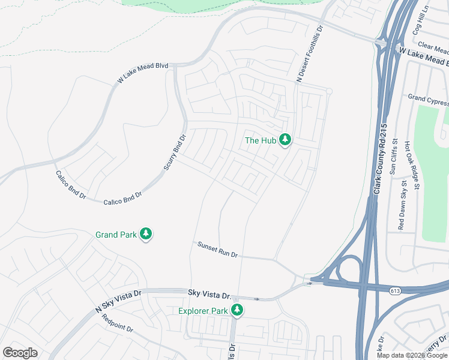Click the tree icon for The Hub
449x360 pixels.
[x=285, y=140]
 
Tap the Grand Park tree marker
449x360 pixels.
[x=146, y=235]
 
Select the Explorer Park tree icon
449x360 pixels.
[x=238, y=310]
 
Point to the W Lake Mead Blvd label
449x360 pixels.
[x=142, y=73]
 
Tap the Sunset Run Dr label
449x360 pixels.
[x=217, y=249]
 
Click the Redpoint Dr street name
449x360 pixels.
[x=117, y=323]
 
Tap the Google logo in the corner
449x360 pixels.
[x=20, y=353]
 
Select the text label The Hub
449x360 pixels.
[x=260, y=140]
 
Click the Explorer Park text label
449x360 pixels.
[x=203, y=311]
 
